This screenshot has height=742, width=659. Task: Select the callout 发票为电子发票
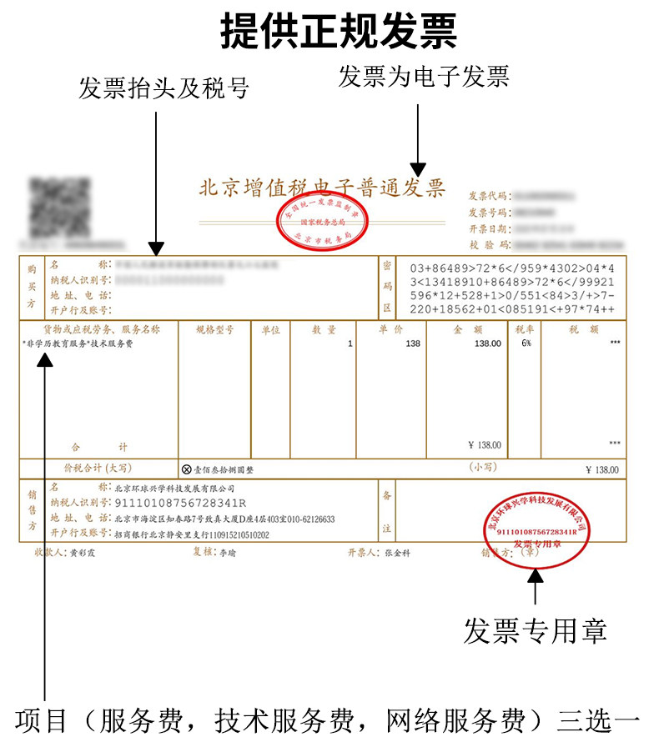[x=423, y=77]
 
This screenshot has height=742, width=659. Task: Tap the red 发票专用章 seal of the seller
[x=536, y=530]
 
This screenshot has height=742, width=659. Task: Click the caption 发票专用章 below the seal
[x=535, y=629]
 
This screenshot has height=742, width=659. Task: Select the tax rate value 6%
[x=526, y=343]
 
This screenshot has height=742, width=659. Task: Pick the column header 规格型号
[x=214, y=329]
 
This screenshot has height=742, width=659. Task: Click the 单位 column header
[x=270, y=329]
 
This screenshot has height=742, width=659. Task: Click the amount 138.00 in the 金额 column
[x=487, y=343]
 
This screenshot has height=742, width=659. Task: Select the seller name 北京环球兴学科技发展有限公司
[x=174, y=488]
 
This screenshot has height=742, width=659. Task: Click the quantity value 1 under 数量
[x=350, y=343]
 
